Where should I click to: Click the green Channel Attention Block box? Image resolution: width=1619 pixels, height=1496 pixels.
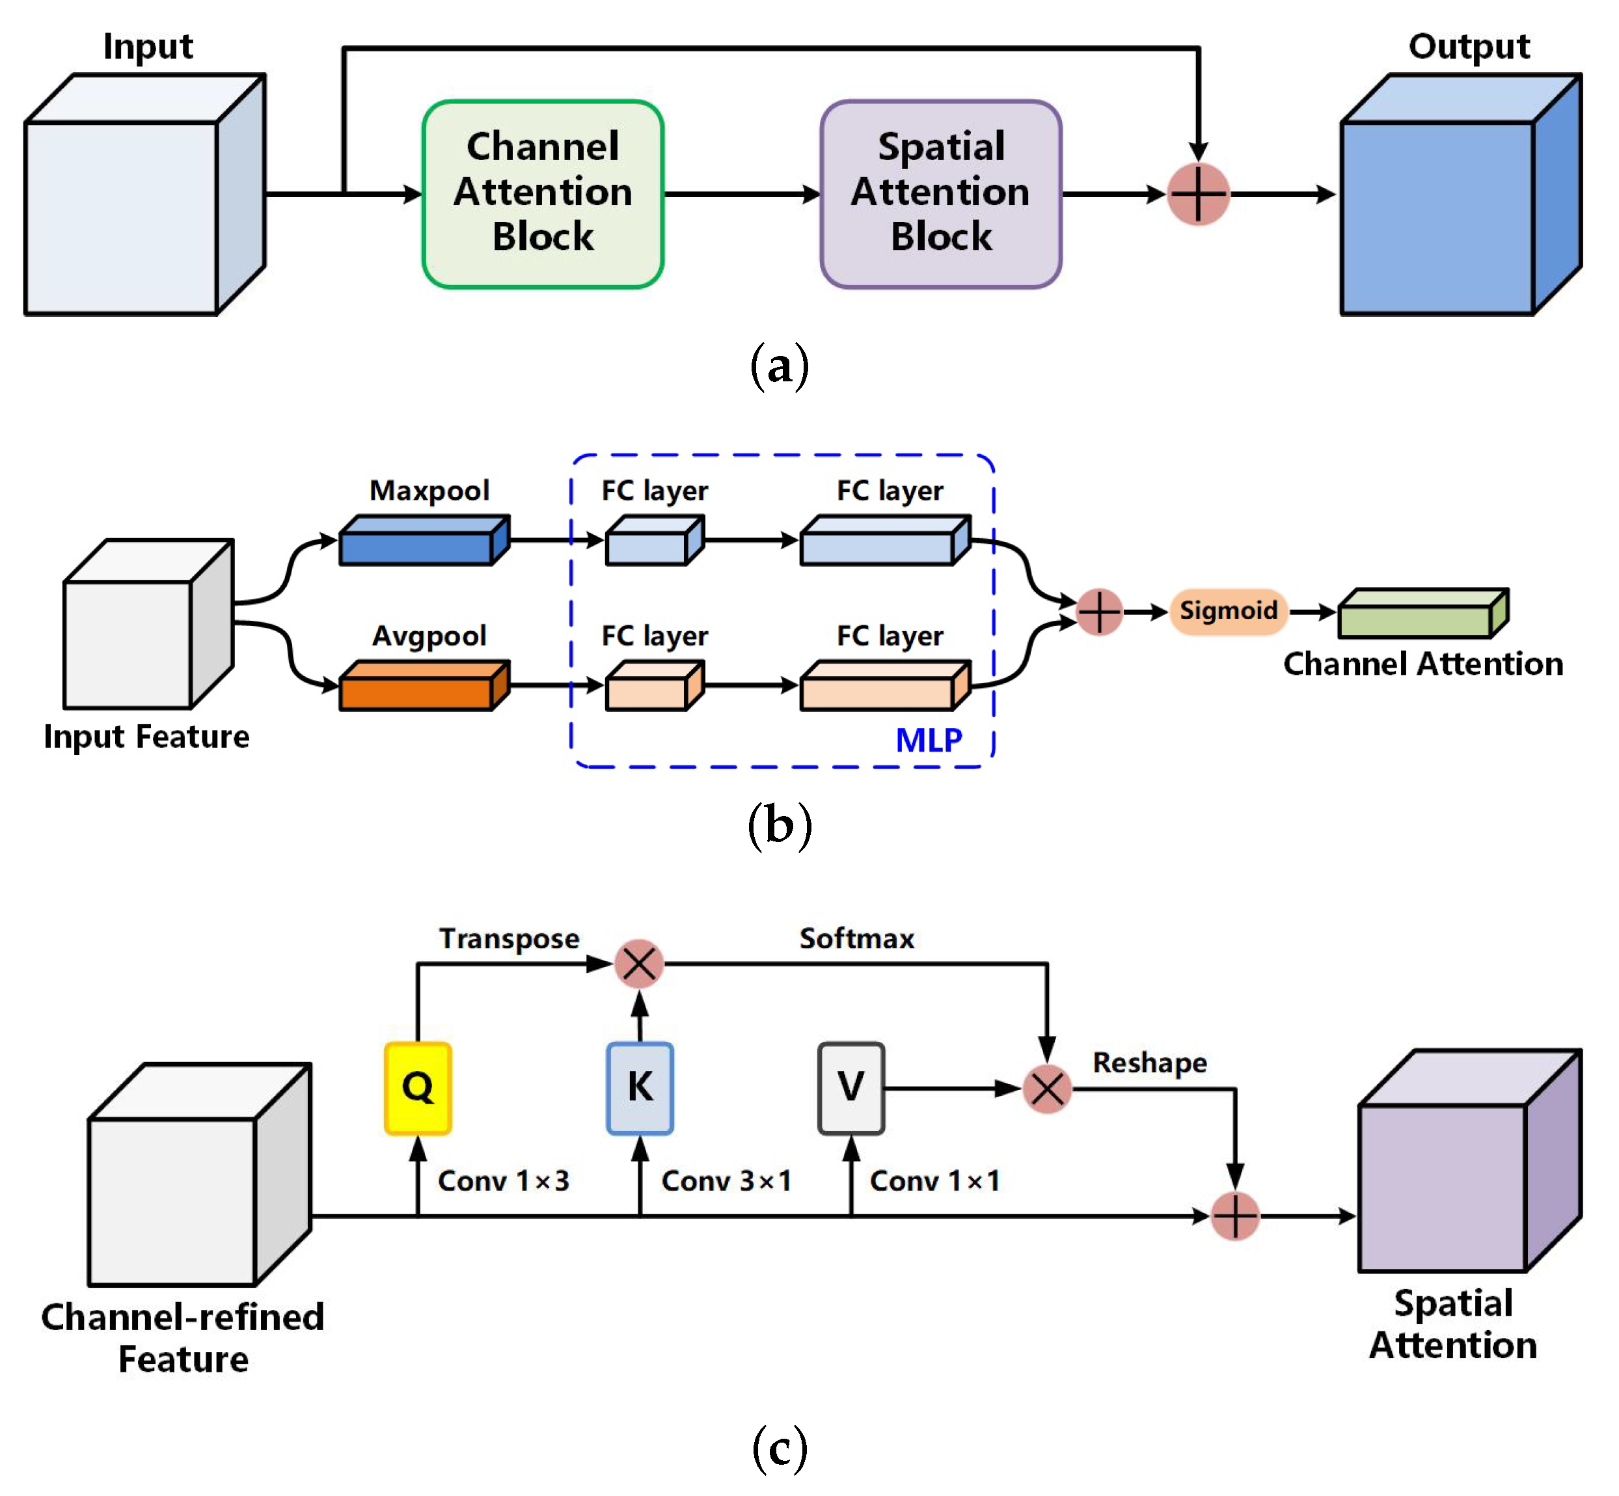point(542,195)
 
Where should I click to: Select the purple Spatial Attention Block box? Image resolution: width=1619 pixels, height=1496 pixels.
point(941,195)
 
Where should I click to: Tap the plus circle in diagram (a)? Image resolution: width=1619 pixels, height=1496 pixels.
point(1198,195)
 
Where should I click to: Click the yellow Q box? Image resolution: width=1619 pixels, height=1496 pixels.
point(418,1087)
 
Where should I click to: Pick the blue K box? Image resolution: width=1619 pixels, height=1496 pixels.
point(640,1087)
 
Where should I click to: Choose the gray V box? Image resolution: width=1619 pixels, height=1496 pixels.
point(850,1087)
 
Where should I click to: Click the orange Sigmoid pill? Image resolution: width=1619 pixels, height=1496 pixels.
point(1228,610)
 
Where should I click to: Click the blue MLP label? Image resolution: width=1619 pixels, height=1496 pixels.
point(929,740)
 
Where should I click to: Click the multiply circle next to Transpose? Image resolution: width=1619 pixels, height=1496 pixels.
point(639,963)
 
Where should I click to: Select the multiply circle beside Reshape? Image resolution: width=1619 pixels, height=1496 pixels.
point(1046,1089)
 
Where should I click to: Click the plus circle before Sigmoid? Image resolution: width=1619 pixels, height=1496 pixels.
point(1098,612)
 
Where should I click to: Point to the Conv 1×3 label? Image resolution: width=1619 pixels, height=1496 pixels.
point(504,1181)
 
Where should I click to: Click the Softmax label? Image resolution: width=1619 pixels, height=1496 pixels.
point(856,938)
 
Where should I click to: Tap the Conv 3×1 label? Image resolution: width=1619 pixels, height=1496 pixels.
point(726,1181)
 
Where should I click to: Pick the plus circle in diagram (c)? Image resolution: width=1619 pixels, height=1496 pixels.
point(1234,1216)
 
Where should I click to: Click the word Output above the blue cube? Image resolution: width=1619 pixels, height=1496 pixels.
point(1469,46)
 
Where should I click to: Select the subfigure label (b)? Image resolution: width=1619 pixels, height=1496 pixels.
point(779,826)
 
